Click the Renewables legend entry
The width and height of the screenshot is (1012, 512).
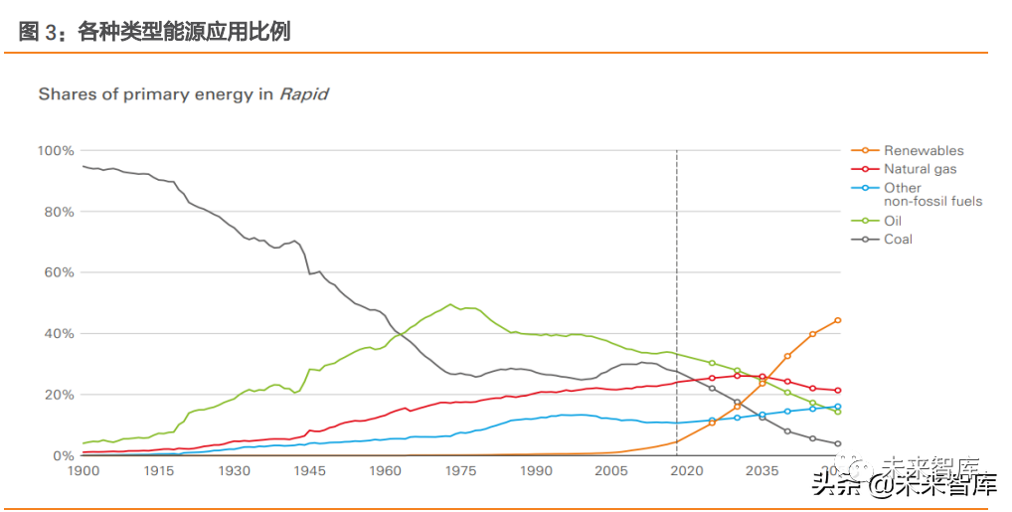click(924, 150)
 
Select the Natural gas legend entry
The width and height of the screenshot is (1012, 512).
click(920, 169)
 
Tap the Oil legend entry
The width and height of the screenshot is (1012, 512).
click(893, 221)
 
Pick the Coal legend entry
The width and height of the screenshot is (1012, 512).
click(898, 239)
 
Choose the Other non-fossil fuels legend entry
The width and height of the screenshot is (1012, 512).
click(932, 194)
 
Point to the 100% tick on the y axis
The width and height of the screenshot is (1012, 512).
click(56, 150)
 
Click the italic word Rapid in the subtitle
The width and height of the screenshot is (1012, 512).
click(303, 94)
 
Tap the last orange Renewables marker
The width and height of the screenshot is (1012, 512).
click(838, 320)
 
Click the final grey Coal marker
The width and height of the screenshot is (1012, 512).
click(838, 443)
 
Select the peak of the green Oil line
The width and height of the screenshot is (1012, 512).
click(450, 305)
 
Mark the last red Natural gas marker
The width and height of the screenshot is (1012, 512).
click(838, 391)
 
